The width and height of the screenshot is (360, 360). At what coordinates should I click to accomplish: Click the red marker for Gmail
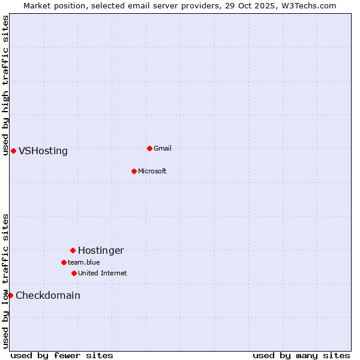pyautogui.click(x=149, y=148)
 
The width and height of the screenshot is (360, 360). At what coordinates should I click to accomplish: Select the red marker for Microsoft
pyautogui.click(x=134, y=171)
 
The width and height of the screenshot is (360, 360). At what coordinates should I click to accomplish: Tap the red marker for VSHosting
pyautogui.click(x=13, y=151)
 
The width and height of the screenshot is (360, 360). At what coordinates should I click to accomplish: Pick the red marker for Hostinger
pyautogui.click(x=73, y=250)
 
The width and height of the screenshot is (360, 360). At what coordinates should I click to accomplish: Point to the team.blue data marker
pyautogui.click(x=64, y=262)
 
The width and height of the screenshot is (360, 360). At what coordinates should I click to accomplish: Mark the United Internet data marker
pyautogui.click(x=74, y=273)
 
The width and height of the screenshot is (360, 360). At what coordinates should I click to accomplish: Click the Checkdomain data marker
pyautogui.click(x=10, y=295)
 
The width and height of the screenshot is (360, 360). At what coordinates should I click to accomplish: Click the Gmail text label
pyautogui.click(x=163, y=148)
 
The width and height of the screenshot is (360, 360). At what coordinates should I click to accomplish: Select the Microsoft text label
pyautogui.click(x=152, y=171)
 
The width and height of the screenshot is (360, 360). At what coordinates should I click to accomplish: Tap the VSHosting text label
pyautogui.click(x=43, y=151)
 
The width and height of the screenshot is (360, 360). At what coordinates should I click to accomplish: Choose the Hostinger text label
pyautogui.click(x=101, y=250)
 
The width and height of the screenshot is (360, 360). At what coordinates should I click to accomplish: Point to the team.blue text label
pyautogui.click(x=83, y=262)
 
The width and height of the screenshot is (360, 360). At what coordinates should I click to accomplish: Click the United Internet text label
pyautogui.click(x=102, y=273)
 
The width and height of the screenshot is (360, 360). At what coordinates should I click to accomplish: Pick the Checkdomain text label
pyautogui.click(x=48, y=295)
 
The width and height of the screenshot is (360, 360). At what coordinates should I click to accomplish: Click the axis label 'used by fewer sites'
pyautogui.click(x=62, y=355)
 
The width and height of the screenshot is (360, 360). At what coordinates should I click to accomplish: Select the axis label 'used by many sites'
pyautogui.click(x=301, y=355)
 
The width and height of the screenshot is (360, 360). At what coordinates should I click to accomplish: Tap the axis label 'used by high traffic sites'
pyautogui.click(x=5, y=85)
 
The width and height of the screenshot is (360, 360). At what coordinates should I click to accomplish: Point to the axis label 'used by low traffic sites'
pyautogui.click(x=5, y=281)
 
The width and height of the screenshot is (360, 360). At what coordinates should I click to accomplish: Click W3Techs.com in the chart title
pyautogui.click(x=308, y=5)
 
